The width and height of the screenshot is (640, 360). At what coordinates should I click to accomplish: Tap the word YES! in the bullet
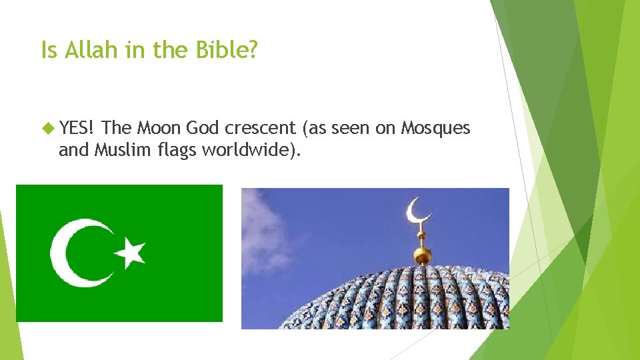[x=79, y=127]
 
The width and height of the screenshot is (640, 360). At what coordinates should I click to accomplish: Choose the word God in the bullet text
[x=203, y=127]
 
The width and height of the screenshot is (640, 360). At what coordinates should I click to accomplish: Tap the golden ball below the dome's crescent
[x=421, y=255]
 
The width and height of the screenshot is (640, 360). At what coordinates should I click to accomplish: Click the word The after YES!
[x=117, y=127]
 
